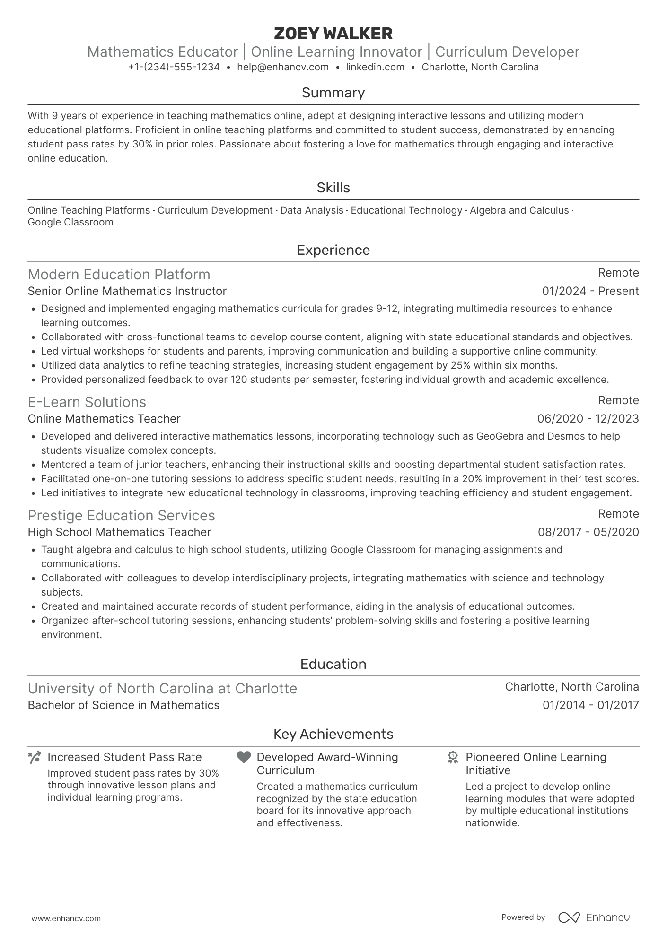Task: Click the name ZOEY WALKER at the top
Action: (333, 34)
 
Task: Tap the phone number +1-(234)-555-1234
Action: (174, 67)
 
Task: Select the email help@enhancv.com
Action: (283, 67)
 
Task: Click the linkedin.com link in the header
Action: (375, 67)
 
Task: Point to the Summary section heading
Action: (333, 93)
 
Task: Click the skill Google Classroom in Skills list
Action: (70, 222)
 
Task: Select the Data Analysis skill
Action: (312, 210)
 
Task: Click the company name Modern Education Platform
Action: (119, 275)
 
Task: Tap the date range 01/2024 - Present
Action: (590, 291)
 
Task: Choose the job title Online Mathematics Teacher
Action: (104, 419)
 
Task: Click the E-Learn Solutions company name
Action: (87, 402)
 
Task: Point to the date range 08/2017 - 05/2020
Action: (588, 532)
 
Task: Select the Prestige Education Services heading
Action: (121, 516)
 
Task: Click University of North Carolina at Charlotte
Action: (162, 689)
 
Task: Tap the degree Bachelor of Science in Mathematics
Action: (123, 705)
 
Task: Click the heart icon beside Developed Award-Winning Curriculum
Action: (244, 757)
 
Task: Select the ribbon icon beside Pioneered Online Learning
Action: (453, 757)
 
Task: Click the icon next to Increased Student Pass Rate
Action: (35, 757)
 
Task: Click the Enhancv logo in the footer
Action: (594, 917)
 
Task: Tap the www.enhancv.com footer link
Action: (66, 919)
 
